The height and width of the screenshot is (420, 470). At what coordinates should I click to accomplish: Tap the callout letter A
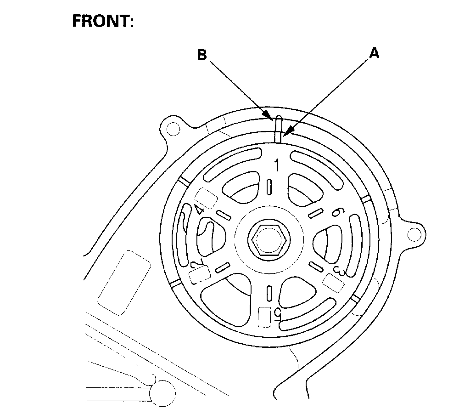tap(375, 54)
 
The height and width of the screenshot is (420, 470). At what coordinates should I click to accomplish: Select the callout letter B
tap(202, 55)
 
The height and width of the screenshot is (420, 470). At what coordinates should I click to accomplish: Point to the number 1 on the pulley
tap(276, 165)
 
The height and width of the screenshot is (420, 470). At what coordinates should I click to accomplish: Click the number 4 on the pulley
tap(199, 210)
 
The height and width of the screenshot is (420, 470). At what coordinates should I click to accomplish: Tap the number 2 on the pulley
tap(196, 264)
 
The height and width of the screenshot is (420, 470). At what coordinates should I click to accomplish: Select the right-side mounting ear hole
tap(414, 233)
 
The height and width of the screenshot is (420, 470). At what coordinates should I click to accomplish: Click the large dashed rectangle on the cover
tap(125, 282)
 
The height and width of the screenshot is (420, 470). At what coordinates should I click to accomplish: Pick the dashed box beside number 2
tap(200, 275)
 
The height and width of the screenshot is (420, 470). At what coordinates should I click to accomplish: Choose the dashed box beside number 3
tap(334, 282)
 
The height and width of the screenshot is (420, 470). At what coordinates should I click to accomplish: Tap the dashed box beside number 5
tap(264, 317)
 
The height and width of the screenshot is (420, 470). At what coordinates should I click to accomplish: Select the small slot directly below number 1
tap(269, 188)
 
